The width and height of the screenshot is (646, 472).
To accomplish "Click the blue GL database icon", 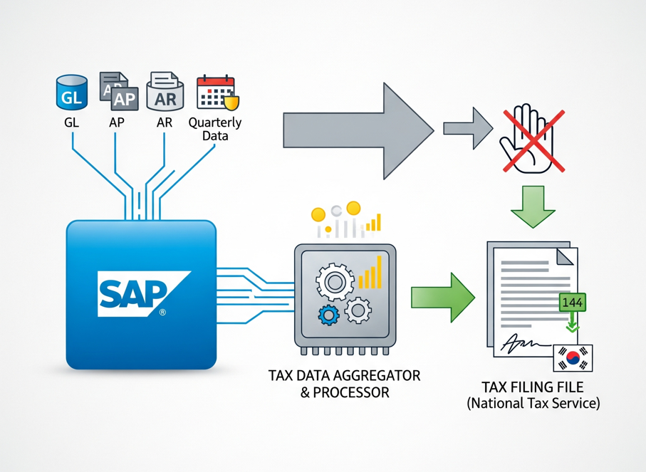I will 71,93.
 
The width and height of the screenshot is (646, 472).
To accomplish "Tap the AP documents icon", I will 115,91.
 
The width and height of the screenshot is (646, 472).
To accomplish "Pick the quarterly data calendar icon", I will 216,93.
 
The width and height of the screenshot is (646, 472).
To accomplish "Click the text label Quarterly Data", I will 214,129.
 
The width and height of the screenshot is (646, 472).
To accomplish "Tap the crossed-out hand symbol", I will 531,138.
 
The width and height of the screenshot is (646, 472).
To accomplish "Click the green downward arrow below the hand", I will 533,206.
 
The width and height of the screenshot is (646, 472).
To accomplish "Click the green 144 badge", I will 573,303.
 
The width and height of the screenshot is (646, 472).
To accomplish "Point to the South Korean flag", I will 573,358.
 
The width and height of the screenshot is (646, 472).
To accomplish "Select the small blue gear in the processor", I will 328,314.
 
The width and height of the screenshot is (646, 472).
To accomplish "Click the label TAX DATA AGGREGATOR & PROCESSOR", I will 344,383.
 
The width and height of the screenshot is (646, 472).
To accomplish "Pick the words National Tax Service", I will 533,404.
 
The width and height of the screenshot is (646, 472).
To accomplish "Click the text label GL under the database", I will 71,122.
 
